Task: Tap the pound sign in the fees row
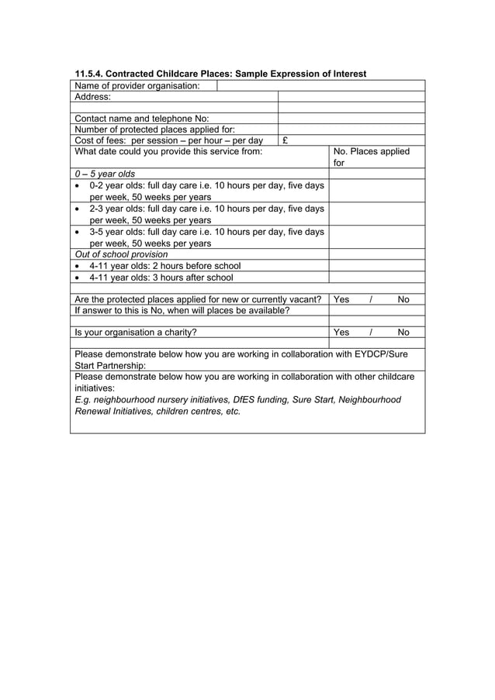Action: [286, 141]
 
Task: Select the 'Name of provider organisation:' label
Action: [137, 86]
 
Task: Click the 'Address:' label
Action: [92, 98]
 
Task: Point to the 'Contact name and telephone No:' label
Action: [141, 119]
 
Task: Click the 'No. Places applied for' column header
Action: [371, 157]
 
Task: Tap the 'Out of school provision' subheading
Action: [121, 254]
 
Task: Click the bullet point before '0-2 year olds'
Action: [78, 186]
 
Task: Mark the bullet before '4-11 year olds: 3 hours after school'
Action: [78, 278]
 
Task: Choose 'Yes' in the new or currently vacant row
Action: [341, 299]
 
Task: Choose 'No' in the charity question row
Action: [403, 333]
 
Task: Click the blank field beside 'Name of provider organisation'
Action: [320, 86]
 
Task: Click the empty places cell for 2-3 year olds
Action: [376, 214]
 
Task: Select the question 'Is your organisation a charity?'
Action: [136, 333]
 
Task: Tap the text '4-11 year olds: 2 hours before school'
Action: [164, 266]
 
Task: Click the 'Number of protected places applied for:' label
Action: [154, 129]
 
